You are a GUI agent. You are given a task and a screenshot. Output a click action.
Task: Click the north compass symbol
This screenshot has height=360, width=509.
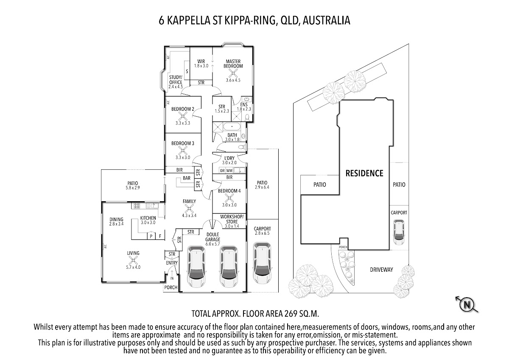467,304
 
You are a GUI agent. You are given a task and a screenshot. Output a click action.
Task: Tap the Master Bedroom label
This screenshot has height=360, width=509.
233,64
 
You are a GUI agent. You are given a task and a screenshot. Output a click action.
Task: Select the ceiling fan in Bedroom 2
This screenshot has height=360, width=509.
183,116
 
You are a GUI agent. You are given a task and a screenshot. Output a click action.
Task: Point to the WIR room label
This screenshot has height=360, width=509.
201,62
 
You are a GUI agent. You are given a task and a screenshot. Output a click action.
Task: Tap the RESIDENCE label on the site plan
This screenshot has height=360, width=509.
364,173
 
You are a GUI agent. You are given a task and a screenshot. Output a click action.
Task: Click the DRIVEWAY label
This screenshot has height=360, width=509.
381,270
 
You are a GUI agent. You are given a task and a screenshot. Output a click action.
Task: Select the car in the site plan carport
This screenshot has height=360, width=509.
399,232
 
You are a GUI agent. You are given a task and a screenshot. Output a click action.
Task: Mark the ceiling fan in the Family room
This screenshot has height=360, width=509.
189,208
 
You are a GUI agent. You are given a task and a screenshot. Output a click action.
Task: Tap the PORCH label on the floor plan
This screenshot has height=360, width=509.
171,287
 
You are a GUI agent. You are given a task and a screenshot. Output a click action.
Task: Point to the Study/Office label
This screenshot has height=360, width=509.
176,80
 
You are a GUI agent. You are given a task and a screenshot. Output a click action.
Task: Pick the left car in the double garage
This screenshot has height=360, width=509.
197,267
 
